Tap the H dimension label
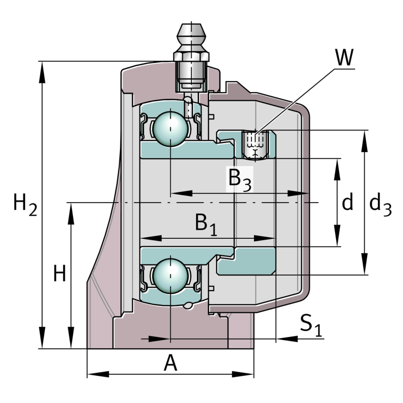[x=59, y=275]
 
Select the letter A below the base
[x=171, y=363]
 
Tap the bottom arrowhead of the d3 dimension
[x=364, y=267]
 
